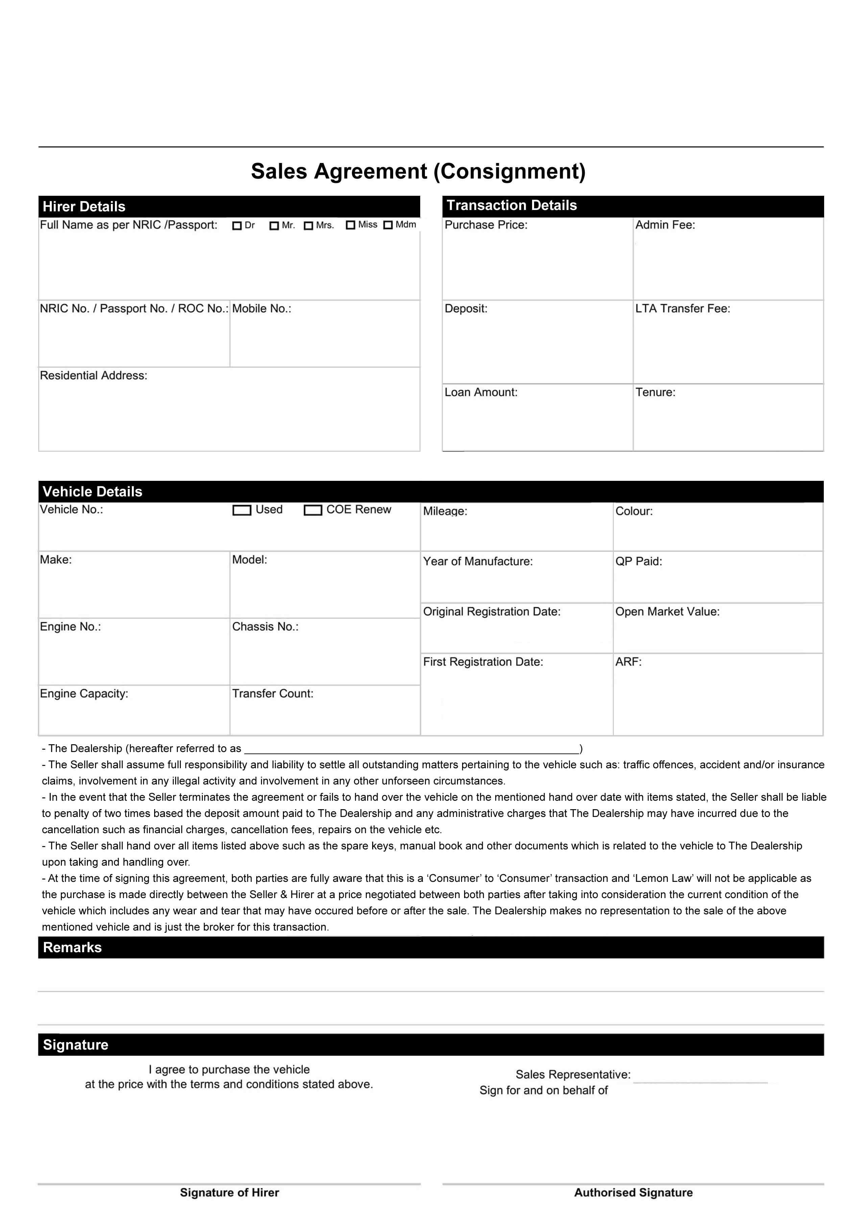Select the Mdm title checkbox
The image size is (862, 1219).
(388, 225)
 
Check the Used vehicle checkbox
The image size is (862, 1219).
(242, 510)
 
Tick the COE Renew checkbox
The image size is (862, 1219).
(313, 510)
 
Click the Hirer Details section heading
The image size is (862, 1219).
(84, 207)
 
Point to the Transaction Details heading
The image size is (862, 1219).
(512, 206)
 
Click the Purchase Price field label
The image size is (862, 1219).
(486, 225)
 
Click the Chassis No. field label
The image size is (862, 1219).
(265, 627)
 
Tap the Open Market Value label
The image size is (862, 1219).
(668, 612)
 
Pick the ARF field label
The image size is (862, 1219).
(628, 662)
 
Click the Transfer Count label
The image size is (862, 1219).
(273, 694)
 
